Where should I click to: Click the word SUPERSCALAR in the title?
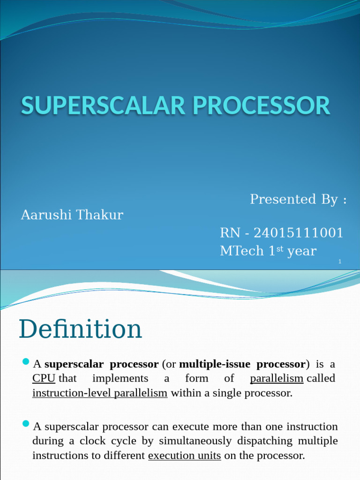pyautogui.click(x=103, y=105)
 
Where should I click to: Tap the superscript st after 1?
pyautogui.click(x=280, y=248)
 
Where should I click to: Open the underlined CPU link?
pyautogui.click(x=44, y=378)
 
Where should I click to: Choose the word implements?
pyautogui.click(x=120, y=378)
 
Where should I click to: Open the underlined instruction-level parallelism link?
pyautogui.click(x=100, y=393)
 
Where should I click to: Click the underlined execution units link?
pyautogui.click(x=185, y=455)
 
